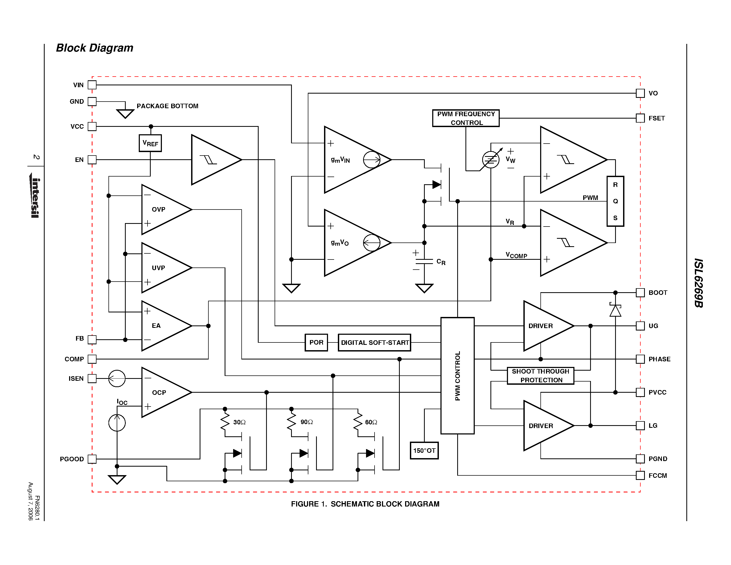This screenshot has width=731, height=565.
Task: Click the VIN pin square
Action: click(x=92, y=85)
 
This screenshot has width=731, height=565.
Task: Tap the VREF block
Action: click(x=150, y=143)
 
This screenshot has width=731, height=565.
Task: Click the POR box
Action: click(x=316, y=342)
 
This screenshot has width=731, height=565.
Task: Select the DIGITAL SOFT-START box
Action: click(x=375, y=342)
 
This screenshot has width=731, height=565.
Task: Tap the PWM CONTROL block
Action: click(x=457, y=375)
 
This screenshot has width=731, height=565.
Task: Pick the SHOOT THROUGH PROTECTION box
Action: click(x=541, y=375)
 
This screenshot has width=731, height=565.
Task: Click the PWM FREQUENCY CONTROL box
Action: click(x=466, y=118)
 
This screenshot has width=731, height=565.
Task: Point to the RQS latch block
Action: click(x=615, y=201)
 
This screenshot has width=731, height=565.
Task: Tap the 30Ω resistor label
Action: click(x=239, y=422)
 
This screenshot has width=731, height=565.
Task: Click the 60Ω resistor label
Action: click(x=371, y=422)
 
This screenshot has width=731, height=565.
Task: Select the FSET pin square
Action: click(x=640, y=118)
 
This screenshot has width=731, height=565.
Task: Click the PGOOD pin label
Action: click(x=72, y=459)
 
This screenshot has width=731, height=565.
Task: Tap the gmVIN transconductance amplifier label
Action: click(x=341, y=160)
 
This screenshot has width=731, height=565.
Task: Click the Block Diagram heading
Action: click(x=94, y=48)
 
